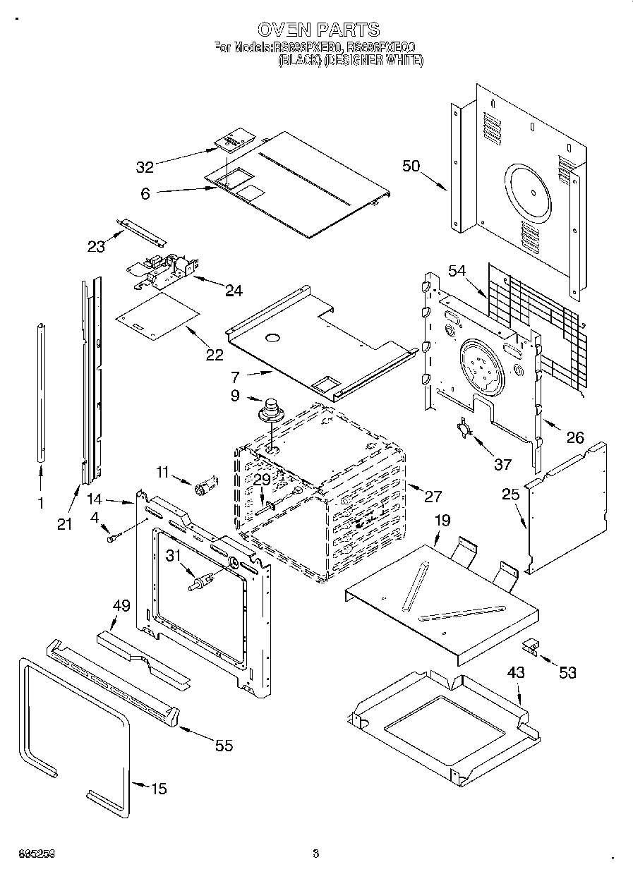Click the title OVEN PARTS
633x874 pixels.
[318, 30]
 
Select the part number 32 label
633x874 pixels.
[145, 167]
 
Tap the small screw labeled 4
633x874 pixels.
[112, 539]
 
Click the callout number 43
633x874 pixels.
[516, 673]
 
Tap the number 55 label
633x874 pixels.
[224, 746]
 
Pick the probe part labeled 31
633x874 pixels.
[200, 582]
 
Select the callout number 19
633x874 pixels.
[442, 521]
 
